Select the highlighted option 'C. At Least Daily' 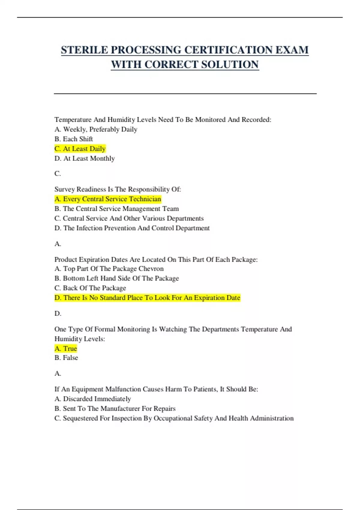point(80,149)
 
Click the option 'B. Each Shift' point(74,139)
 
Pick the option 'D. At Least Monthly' point(85,158)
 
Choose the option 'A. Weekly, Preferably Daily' point(96,129)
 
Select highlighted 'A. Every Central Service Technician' point(108,199)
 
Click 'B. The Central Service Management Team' point(117,209)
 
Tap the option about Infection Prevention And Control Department point(132,228)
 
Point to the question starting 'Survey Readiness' point(118,189)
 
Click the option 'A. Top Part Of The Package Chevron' point(109,269)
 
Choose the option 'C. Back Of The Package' point(90,288)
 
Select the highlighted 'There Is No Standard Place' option point(147,298)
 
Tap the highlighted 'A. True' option point(66,349)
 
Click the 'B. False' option point(66,358)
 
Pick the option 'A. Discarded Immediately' point(93,399)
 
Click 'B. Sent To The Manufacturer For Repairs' point(115,409)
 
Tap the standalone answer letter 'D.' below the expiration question point(58,313)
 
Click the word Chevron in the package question point(151,269)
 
